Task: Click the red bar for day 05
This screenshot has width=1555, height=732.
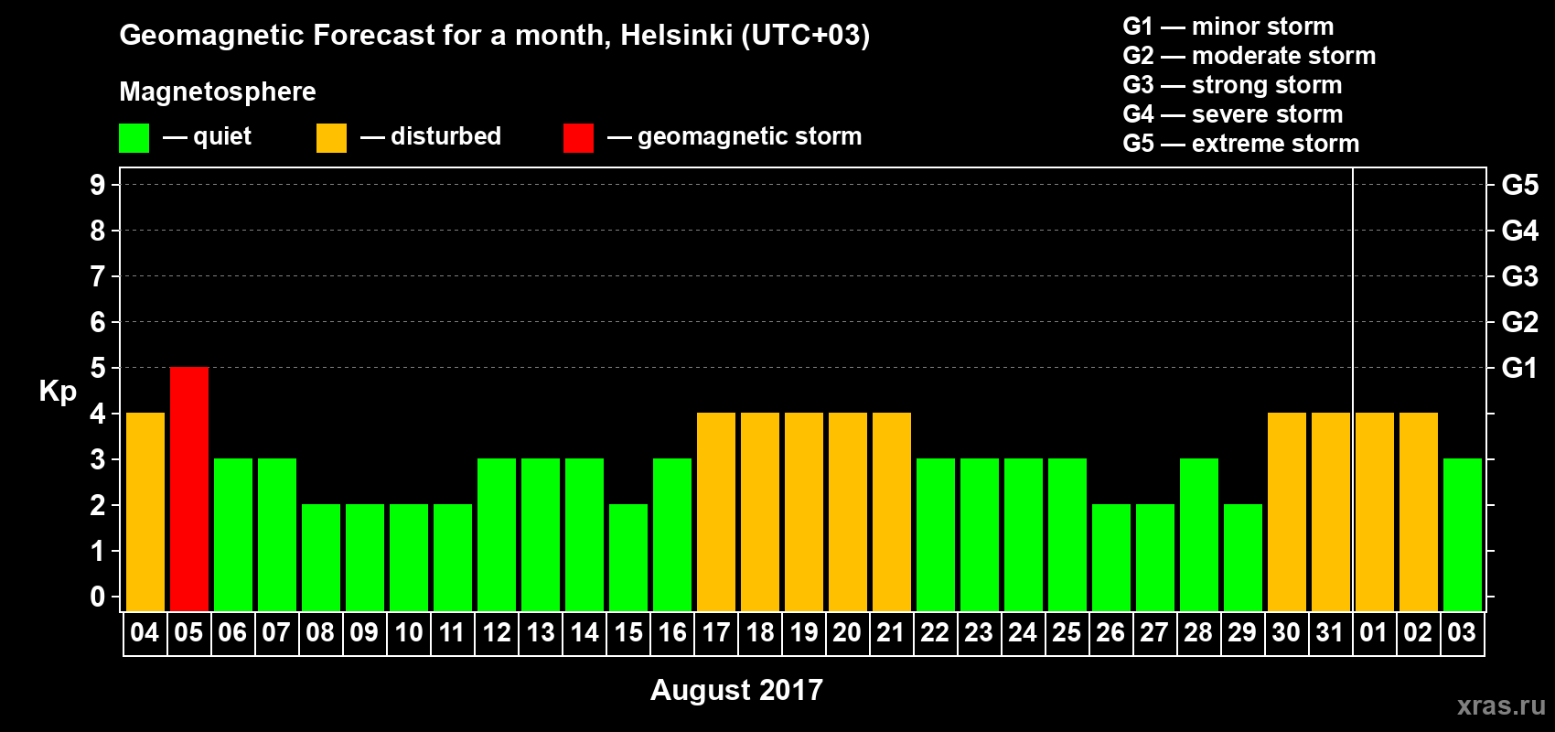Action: tap(189, 489)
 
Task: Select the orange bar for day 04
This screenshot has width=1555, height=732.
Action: tap(145, 511)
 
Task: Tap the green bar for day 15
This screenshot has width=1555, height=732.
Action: tap(628, 557)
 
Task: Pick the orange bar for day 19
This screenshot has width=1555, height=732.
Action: tap(804, 511)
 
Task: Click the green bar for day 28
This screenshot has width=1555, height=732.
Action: tap(1199, 534)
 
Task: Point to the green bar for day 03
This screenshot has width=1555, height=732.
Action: tap(1463, 534)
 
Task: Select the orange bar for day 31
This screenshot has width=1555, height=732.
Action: tap(1331, 511)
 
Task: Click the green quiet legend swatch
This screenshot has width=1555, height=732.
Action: tap(134, 138)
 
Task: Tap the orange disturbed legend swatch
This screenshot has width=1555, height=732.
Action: tap(331, 138)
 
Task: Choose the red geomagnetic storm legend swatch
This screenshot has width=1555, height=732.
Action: tap(578, 138)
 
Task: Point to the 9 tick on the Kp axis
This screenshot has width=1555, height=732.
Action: tap(98, 185)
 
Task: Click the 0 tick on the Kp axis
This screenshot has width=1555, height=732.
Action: tap(98, 597)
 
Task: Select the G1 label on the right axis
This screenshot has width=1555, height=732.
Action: tap(1519, 368)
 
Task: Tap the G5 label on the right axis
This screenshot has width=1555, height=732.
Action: tap(1519, 185)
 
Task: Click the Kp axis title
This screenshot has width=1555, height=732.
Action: tap(58, 392)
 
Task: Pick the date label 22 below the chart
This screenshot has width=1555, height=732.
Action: tap(935, 633)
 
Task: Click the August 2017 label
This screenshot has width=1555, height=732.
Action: tap(736, 690)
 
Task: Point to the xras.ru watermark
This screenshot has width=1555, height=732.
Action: tap(1501, 705)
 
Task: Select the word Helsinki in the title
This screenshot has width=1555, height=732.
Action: tap(676, 35)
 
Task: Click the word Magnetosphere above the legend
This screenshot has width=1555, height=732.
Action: tap(218, 91)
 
